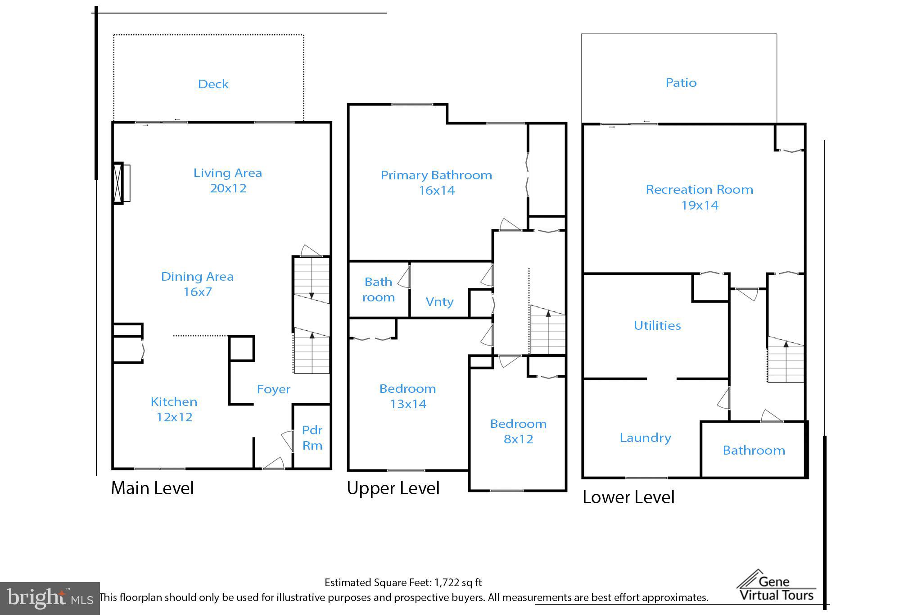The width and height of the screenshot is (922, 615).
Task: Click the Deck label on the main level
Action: click(213, 84)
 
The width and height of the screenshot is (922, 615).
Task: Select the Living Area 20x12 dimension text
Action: click(228, 188)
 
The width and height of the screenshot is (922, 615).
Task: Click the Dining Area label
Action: click(197, 277)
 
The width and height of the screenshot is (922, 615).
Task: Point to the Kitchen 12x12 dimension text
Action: click(174, 417)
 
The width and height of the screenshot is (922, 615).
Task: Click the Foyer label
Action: click(273, 389)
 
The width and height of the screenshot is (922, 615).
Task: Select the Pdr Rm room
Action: click(312, 437)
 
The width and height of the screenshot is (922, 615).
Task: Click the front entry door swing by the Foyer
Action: click(274, 464)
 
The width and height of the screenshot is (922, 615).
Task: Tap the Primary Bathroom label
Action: click(436, 175)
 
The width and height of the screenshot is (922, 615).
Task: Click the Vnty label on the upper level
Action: click(439, 302)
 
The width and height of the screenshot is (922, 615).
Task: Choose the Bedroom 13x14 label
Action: click(407, 389)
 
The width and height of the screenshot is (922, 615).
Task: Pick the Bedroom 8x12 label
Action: click(518, 424)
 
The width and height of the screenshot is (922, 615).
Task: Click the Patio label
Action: click(681, 83)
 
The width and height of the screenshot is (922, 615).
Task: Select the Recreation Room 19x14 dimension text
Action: click(700, 205)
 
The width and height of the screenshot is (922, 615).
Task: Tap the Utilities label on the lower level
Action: click(657, 326)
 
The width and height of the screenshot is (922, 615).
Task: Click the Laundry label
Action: click(645, 438)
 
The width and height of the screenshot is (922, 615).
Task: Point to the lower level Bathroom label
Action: click(754, 451)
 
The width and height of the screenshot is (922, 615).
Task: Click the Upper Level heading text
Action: click(393, 488)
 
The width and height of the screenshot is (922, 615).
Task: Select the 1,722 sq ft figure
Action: click(458, 583)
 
